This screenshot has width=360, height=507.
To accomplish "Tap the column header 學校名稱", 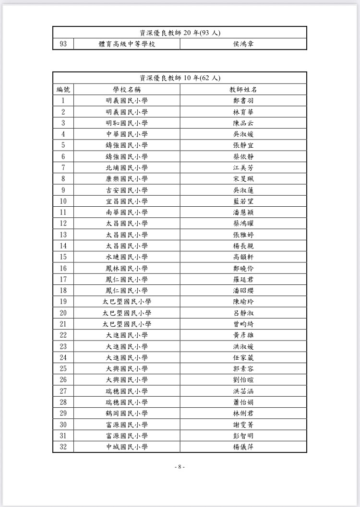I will [127, 90].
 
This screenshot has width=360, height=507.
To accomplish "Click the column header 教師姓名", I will [243, 90].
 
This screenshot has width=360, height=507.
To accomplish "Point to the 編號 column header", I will [63, 90].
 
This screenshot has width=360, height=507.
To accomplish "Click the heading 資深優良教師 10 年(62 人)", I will [180, 78].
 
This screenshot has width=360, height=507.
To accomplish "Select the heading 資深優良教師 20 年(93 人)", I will [180, 33].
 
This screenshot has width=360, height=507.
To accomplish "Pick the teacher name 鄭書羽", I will [243, 101].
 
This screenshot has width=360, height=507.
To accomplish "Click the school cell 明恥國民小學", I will [127, 123].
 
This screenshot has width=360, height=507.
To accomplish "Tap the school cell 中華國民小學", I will [127, 134].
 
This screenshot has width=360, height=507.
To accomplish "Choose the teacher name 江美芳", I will [243, 168].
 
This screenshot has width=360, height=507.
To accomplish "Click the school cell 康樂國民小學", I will [127, 179].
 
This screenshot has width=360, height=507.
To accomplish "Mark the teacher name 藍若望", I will [243, 201].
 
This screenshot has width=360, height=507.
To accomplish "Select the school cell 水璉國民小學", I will [127, 257].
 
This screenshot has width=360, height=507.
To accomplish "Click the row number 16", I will [63, 268].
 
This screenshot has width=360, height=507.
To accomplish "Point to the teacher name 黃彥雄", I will [243, 335].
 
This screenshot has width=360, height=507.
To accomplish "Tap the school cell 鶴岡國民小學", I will [127, 413].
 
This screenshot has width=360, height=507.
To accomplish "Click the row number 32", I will [63, 447].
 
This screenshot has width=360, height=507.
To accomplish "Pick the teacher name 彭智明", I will [243, 436].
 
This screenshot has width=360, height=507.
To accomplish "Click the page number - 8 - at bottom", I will [180, 467].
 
